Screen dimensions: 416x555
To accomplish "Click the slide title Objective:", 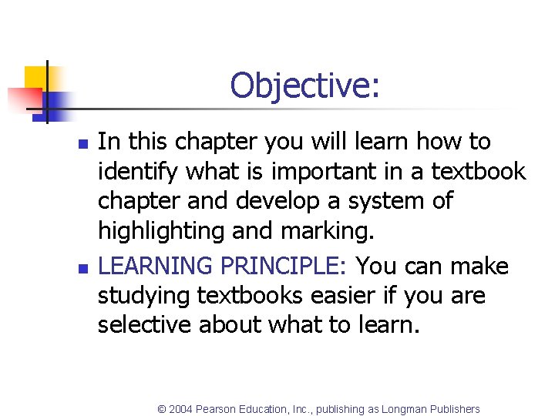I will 304,85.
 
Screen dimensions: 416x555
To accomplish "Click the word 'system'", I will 379,201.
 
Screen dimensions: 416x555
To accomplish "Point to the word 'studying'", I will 147,296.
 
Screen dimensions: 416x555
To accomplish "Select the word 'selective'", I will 145,325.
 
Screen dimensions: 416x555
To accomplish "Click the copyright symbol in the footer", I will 162,409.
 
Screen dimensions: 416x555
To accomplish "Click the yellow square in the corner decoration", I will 36,78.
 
